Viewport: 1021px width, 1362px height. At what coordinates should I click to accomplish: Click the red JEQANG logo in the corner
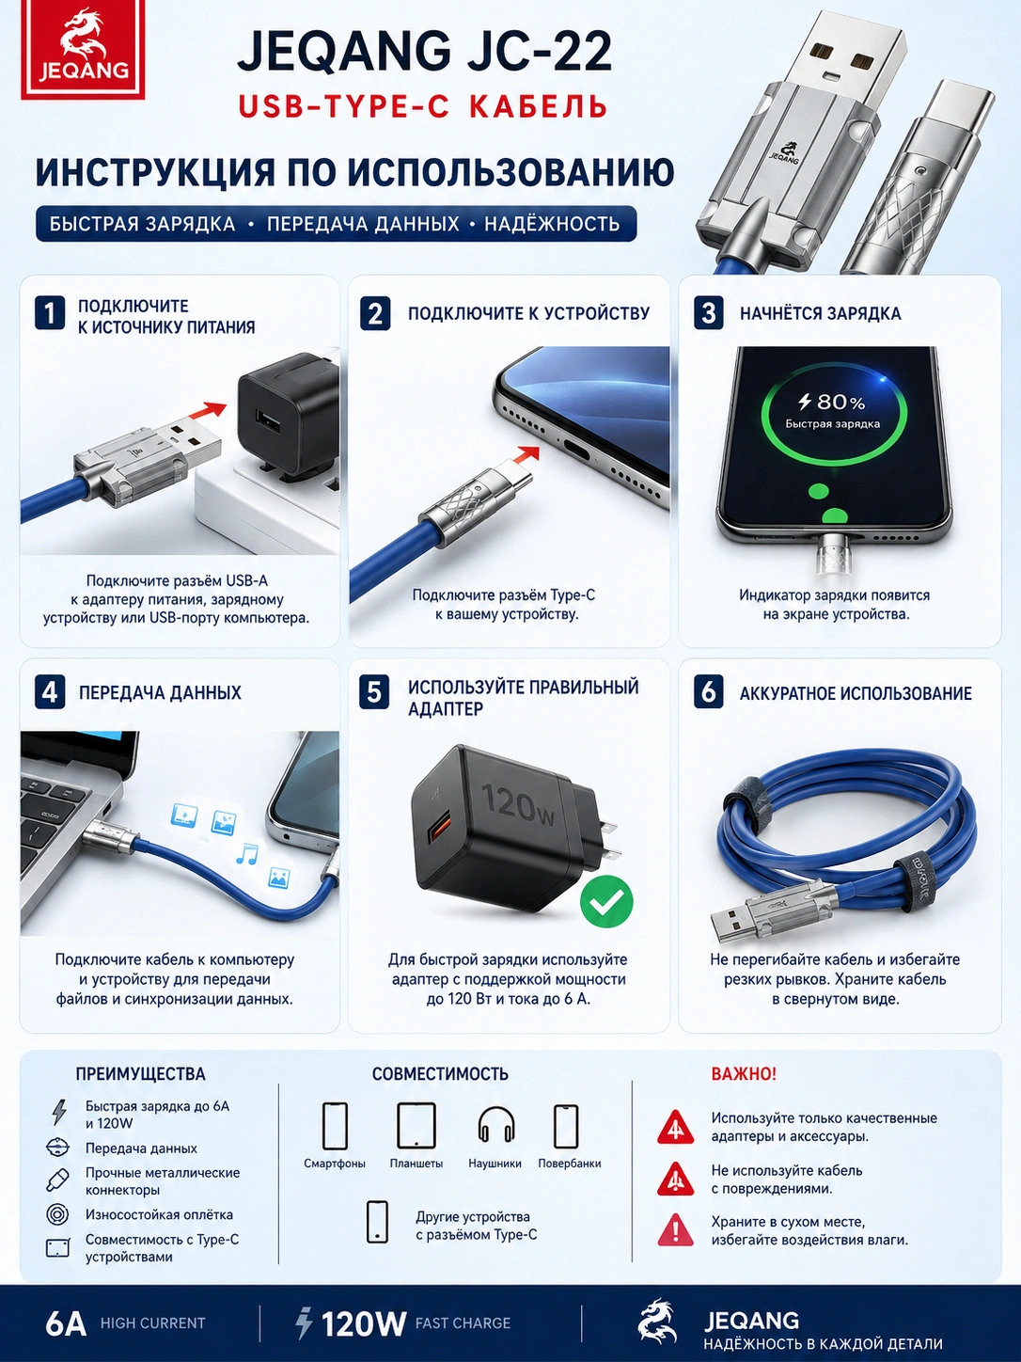[x=83, y=50]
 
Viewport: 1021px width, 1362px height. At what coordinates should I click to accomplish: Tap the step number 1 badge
[x=50, y=312]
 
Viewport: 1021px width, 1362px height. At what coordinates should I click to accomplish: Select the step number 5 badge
[x=374, y=692]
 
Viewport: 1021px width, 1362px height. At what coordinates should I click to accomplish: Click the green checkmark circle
[x=606, y=902]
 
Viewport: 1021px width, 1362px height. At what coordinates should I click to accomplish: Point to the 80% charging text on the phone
[x=831, y=402]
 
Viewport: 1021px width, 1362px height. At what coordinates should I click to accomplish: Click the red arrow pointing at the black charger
[x=206, y=412]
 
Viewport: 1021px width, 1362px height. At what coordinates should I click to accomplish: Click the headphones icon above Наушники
[x=496, y=1125]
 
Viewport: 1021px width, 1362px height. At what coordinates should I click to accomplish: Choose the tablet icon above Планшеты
[x=416, y=1125]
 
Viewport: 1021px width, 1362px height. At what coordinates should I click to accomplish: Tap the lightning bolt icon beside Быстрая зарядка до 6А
[x=59, y=1113]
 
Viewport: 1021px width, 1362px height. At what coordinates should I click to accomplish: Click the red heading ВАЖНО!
[x=744, y=1074]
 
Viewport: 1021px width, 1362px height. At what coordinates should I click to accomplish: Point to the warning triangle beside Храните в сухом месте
[x=675, y=1229]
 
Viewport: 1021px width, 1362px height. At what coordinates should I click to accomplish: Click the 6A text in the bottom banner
[x=65, y=1323]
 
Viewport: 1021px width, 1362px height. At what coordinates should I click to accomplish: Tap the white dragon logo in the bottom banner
[x=658, y=1322]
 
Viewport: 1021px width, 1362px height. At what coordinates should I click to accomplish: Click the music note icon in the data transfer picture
[x=246, y=854]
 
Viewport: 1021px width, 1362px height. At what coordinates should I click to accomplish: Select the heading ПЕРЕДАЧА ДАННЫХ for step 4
[x=160, y=692]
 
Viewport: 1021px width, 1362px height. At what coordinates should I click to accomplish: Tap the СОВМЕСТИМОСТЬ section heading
[x=440, y=1074]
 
